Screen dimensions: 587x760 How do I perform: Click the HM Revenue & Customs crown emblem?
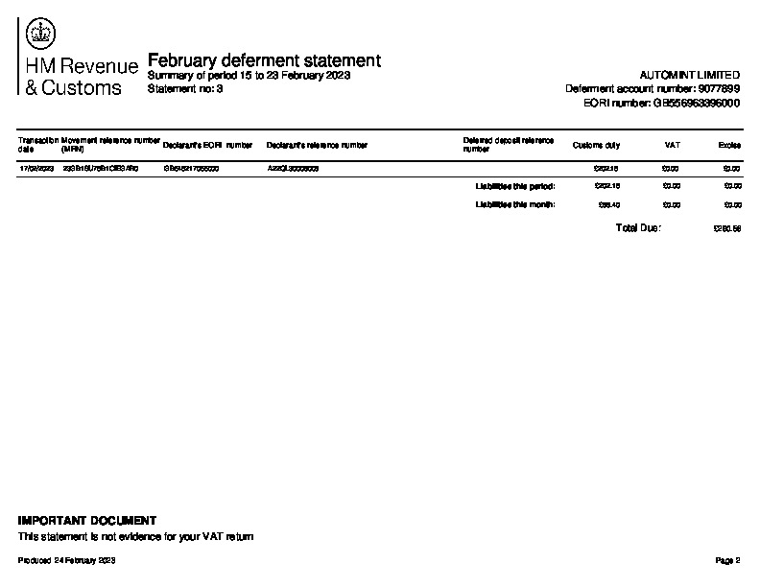(x=39, y=35)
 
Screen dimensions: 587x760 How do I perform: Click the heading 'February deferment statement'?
(x=264, y=60)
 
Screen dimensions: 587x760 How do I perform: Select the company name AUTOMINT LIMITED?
(x=689, y=75)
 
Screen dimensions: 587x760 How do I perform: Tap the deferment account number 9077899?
(x=653, y=88)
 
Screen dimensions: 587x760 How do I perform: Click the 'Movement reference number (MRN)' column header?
(x=109, y=145)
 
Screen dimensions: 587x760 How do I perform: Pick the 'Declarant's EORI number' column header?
(x=207, y=146)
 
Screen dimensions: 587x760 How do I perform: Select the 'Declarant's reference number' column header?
(x=317, y=146)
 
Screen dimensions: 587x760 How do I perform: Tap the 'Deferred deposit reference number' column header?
(x=508, y=145)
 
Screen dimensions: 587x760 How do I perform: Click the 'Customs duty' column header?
(x=596, y=146)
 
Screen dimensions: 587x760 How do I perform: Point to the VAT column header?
(x=673, y=146)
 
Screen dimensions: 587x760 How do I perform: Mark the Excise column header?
(x=729, y=146)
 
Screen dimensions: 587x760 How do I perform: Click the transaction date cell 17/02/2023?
(x=37, y=168)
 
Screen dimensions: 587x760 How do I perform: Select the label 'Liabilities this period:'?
(x=515, y=186)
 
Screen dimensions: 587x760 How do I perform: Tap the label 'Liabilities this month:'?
(x=515, y=204)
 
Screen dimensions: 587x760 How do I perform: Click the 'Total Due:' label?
(x=638, y=228)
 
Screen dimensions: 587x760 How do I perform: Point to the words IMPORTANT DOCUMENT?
(x=87, y=521)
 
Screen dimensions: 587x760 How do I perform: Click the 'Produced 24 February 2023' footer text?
(x=67, y=560)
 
